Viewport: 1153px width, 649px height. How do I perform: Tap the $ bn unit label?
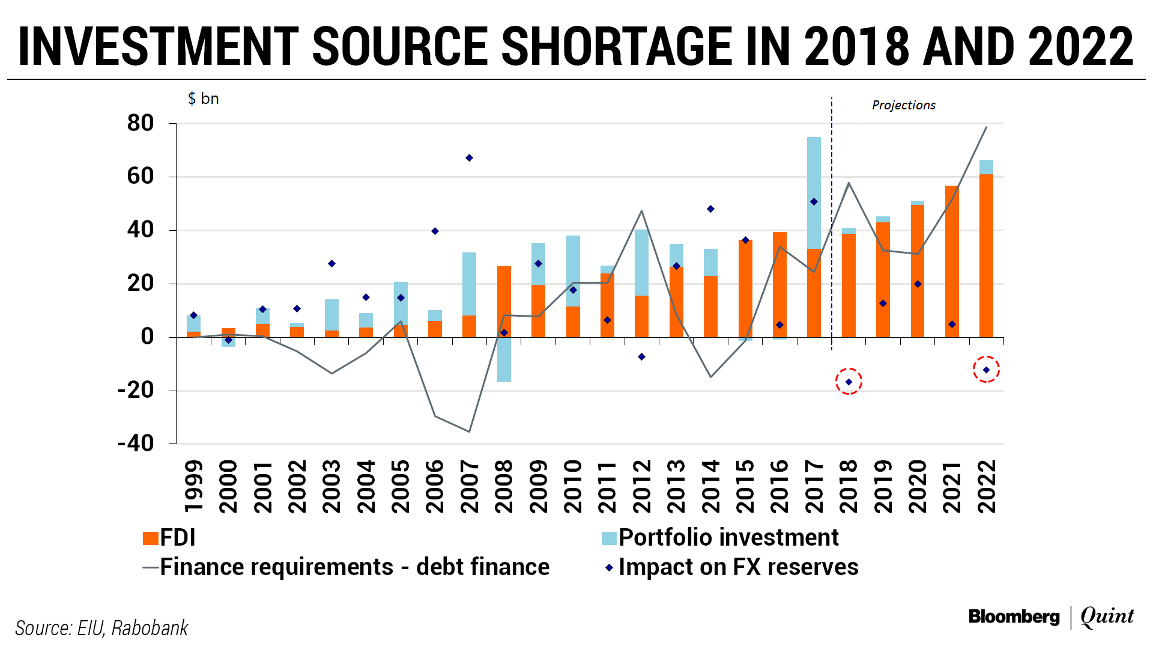click(203, 99)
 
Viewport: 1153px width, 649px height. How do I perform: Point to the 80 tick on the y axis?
click(141, 123)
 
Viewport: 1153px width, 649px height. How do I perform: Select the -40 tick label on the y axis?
click(136, 443)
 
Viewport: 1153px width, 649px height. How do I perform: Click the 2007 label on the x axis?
click(470, 487)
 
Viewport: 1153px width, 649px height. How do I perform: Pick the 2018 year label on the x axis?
click(849, 487)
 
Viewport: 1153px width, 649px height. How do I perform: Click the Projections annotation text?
click(903, 105)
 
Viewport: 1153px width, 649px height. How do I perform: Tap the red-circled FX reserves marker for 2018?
click(849, 382)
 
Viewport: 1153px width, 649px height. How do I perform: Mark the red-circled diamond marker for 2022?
click(986, 370)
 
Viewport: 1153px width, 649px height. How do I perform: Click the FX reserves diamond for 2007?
click(469, 158)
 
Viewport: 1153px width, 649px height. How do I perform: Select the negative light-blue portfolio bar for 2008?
click(504, 359)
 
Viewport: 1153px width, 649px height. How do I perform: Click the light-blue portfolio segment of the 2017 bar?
click(814, 192)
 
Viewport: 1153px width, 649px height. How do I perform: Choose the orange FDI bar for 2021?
click(952, 261)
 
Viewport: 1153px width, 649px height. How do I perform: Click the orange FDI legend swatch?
click(150, 538)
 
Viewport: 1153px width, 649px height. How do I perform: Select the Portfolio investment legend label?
click(728, 538)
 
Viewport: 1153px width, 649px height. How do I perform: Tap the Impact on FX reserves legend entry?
click(738, 567)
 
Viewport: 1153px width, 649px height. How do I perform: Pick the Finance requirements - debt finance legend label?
click(354, 567)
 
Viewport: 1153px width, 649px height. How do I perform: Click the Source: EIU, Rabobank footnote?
click(101, 628)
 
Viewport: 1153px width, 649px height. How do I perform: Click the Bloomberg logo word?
click(1014, 617)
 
